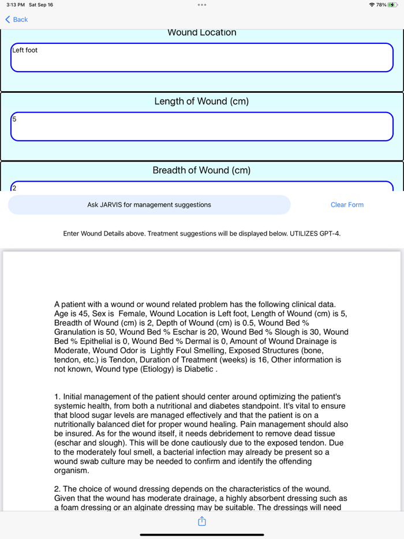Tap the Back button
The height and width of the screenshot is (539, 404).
[17, 20]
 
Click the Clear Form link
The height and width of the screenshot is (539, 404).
[347, 205]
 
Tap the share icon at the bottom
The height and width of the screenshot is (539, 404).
[202, 522]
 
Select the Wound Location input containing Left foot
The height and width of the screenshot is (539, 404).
[202, 58]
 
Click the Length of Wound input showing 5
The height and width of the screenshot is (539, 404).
[202, 126]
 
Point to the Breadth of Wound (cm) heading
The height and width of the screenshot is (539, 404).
[201, 170]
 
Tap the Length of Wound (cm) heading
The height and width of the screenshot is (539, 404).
[201, 102]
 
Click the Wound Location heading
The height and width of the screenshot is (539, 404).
[201, 33]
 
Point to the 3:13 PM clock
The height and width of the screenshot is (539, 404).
[16, 5]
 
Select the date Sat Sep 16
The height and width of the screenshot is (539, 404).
[41, 5]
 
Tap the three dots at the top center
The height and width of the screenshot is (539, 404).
[201, 5]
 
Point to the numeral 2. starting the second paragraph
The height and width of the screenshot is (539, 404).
[58, 489]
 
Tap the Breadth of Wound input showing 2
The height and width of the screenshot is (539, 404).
[202, 187]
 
